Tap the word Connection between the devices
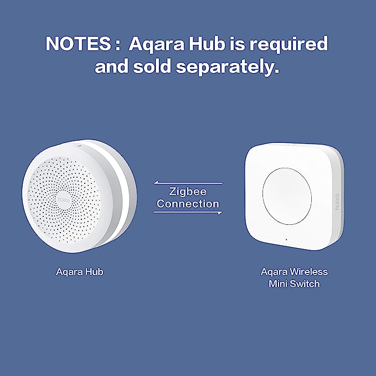point(188,204)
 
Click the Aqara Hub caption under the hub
point(80,272)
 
